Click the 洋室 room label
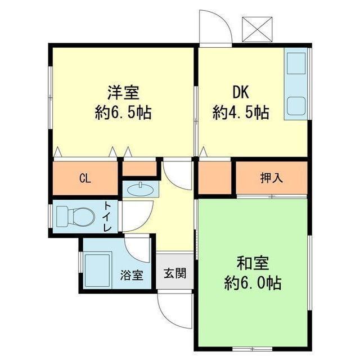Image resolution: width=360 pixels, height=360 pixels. click(123, 92)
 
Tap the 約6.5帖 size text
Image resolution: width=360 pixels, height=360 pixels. click(123, 112)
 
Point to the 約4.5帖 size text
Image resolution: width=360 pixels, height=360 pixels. click(241, 112)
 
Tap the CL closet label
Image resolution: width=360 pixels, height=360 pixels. click(85, 179)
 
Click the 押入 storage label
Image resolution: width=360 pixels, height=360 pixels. click(271, 179)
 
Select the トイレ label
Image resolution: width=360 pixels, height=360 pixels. click(107, 217)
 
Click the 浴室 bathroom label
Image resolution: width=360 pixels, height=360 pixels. click(132, 276)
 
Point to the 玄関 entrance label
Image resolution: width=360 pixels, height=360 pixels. click(174, 274)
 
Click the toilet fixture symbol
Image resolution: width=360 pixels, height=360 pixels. click(76, 215)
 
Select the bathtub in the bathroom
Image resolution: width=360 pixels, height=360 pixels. click(99, 269)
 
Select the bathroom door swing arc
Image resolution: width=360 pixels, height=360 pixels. click(138, 245)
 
